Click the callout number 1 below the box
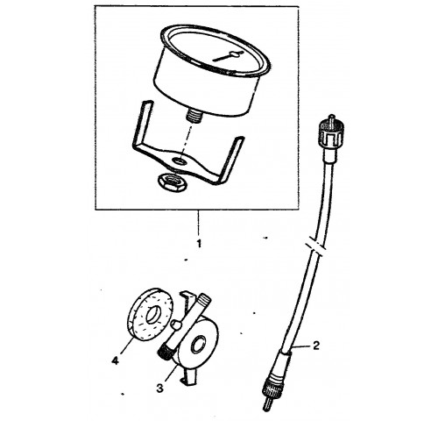click(199, 244)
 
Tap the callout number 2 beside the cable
click(316, 346)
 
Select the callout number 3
click(159, 389)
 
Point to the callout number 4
click(115, 360)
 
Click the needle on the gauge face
click(229, 56)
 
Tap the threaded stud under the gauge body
click(194, 117)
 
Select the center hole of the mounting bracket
click(180, 161)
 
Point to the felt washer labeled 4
click(151, 315)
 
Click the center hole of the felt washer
click(153, 315)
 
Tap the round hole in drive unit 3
click(198, 345)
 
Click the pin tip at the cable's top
click(331, 118)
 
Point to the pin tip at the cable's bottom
click(267, 404)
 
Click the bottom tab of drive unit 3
click(188, 376)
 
